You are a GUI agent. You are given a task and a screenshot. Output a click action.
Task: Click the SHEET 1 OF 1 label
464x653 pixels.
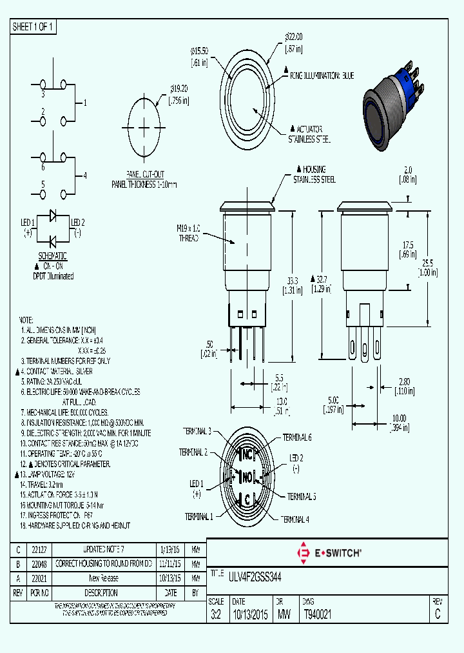pyautogui.click(x=34, y=27)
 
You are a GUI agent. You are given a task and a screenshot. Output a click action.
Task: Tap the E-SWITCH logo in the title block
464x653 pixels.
pyautogui.click(x=329, y=552)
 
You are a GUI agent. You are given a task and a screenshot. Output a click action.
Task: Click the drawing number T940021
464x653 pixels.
pyautogui.click(x=317, y=615)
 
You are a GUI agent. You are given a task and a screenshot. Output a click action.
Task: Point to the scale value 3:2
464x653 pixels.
pyautogui.click(x=216, y=615)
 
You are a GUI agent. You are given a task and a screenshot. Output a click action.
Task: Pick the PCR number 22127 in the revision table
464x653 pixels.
pyautogui.click(x=39, y=549)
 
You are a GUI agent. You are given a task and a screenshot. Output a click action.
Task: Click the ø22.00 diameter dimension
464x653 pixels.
pyautogui.click(x=293, y=37)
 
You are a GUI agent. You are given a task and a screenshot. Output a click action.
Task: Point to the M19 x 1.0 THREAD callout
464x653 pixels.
pyautogui.click(x=189, y=232)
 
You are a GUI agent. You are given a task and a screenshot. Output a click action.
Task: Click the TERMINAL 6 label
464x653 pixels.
pyautogui.click(x=296, y=437)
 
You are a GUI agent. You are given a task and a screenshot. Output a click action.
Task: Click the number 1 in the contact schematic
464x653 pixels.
pyautogui.click(x=84, y=103)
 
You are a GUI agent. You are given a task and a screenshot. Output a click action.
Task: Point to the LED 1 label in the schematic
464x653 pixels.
pyautogui.click(x=28, y=223)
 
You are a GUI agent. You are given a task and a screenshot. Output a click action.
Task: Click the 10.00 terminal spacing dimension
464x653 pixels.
pyautogui.click(x=400, y=417)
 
